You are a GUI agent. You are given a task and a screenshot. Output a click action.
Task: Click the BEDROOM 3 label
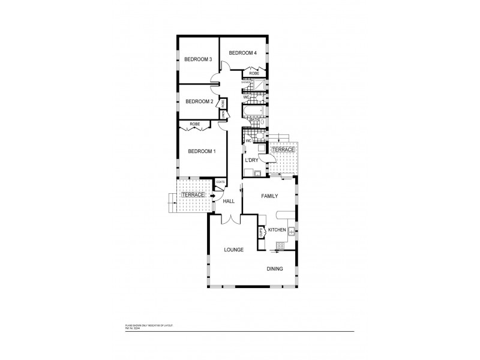(x=198, y=59)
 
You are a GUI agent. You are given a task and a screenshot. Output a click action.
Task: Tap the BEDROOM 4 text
(x=242, y=53)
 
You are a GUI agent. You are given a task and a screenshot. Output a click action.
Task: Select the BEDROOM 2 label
(x=199, y=101)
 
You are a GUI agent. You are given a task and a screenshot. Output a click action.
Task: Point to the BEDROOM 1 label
(x=202, y=151)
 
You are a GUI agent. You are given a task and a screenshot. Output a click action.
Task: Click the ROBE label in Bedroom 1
(x=194, y=124)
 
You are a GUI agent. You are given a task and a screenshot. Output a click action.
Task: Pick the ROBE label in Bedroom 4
(x=254, y=73)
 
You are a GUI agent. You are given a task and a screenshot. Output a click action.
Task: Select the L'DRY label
(x=251, y=160)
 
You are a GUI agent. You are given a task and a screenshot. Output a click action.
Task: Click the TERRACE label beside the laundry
(x=283, y=149)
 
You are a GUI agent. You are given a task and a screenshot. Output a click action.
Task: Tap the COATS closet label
(x=220, y=182)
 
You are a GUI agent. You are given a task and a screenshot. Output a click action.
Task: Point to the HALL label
(x=229, y=201)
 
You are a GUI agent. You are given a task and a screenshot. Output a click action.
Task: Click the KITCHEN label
(x=277, y=230)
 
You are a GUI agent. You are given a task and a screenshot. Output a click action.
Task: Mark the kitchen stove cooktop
(x=280, y=244)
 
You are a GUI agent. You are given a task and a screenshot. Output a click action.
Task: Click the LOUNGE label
(x=233, y=249)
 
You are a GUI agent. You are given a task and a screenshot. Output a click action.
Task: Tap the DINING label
(x=275, y=269)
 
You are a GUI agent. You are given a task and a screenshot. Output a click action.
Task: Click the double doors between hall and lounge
(x=228, y=220)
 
